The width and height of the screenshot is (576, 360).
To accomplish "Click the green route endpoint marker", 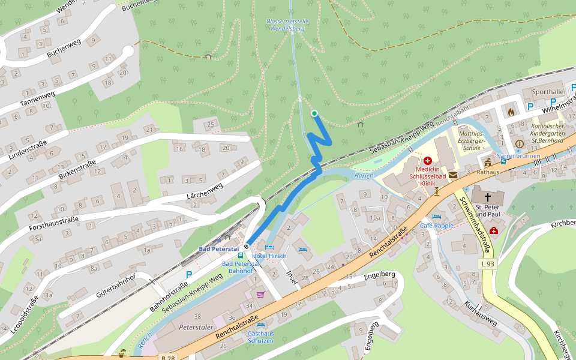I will (x=314, y=113).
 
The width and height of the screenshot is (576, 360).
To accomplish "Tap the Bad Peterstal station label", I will (x=218, y=248).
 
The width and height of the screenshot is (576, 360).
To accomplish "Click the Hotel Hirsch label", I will (x=269, y=256).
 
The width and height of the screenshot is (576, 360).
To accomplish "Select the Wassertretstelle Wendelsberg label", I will (x=288, y=25).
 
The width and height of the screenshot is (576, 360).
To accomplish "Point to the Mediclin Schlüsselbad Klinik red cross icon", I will (x=428, y=161).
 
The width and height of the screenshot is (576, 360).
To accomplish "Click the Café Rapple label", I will (x=436, y=226).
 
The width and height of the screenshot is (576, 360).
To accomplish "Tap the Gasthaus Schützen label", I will (x=260, y=337).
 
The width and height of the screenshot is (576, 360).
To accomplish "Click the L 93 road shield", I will (x=487, y=264).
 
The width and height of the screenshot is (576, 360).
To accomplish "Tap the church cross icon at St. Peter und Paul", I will (x=488, y=197).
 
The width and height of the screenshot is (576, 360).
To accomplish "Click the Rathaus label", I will (x=488, y=172).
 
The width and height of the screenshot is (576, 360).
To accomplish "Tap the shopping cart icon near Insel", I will (x=260, y=295).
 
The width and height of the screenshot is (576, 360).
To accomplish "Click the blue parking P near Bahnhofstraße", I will (x=188, y=275).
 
